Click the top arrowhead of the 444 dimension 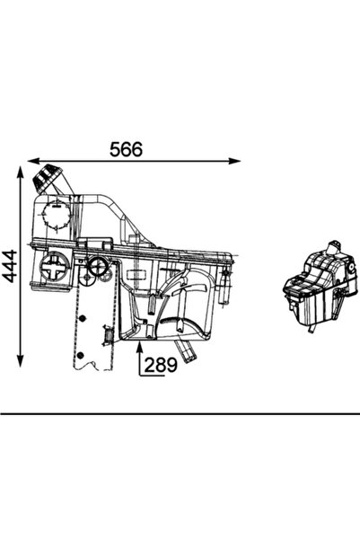coord(19,172)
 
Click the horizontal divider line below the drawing coord(180,413)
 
